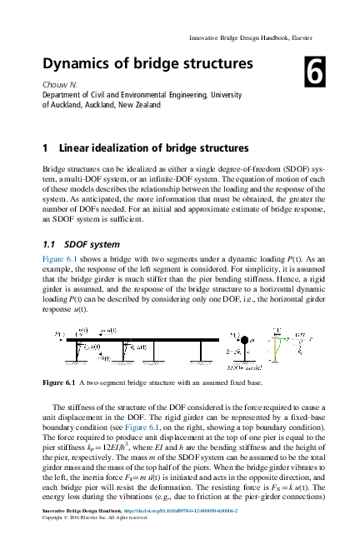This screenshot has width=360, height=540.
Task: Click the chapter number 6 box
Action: point(315,72)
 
